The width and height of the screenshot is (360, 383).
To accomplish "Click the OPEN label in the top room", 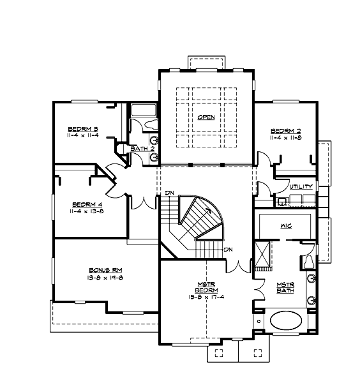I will (206, 117).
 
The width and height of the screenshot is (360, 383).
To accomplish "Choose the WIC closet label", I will (285, 226).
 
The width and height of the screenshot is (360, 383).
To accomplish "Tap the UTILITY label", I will (301, 187).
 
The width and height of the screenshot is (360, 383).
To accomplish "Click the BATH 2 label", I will (143, 149).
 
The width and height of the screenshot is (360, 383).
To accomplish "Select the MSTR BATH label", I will (285, 288).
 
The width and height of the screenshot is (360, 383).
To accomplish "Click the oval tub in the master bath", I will (287, 320).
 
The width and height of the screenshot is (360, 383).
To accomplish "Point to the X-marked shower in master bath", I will (262, 253).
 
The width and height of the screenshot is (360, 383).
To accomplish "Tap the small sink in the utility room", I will (281, 201).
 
